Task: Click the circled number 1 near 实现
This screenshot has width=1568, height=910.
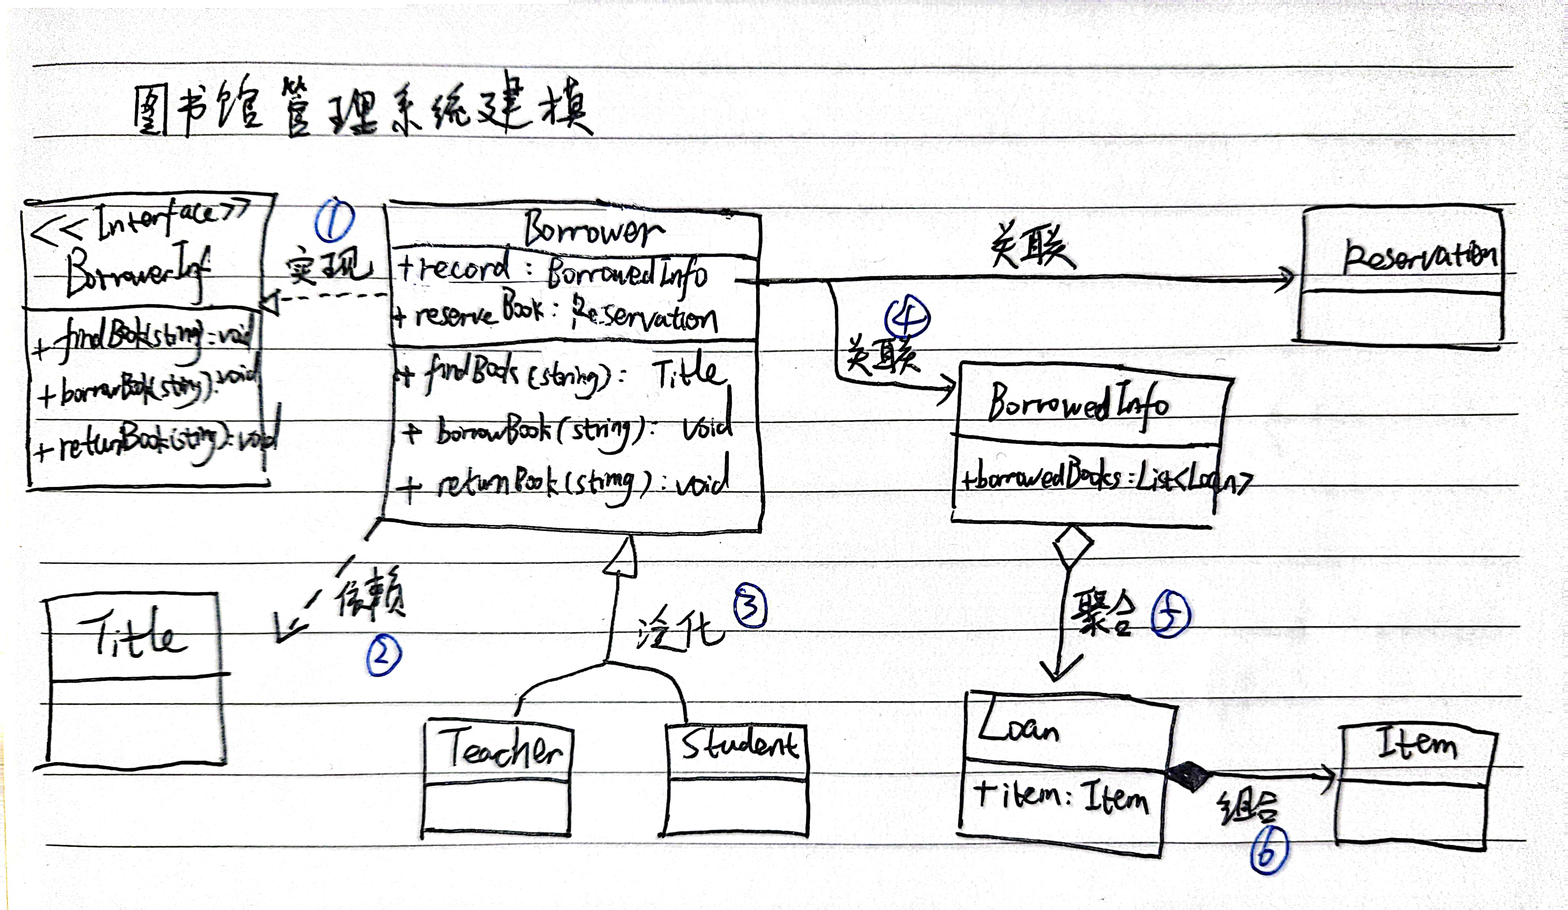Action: pos(335,220)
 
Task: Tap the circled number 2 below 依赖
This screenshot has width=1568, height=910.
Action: pos(384,657)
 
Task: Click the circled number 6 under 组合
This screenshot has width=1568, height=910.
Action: pos(1269,850)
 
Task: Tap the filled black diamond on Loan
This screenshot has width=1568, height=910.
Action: pos(1188,775)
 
